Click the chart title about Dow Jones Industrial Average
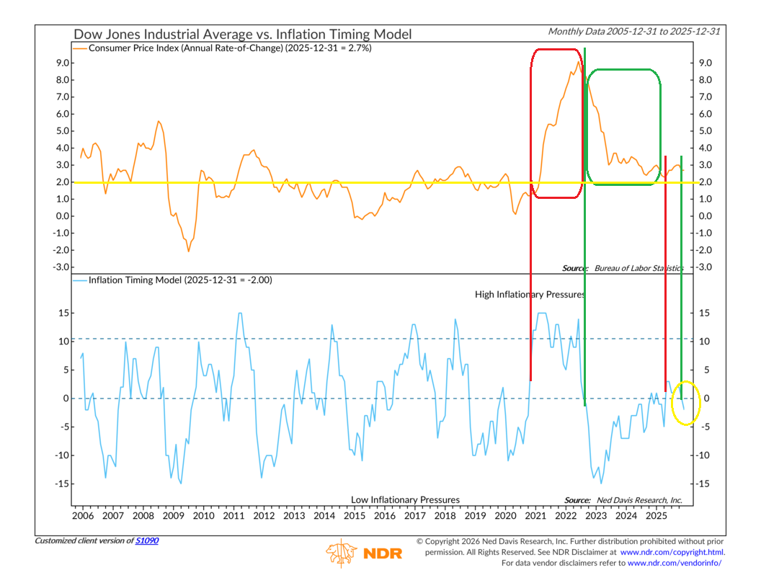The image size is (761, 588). coord(242,34)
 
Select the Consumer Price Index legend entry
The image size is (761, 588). coord(230,48)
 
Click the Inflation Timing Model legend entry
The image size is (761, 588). coord(179,280)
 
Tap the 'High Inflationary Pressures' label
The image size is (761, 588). coord(530,295)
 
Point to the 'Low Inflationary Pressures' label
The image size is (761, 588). coord(405,499)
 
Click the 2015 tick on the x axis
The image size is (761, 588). coord(354,516)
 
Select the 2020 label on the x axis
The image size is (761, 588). coord(505,516)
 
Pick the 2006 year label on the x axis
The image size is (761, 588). coord(82,516)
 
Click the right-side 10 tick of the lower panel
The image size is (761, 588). coord(704,341)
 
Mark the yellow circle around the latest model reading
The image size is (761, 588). coord(685,402)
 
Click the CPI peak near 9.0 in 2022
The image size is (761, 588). coord(578,62)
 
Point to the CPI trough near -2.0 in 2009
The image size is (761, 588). coord(189,250)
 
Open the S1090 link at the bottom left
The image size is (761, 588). coord(147,540)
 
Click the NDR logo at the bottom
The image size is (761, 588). coord(364,553)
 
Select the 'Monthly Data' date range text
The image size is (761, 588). coord(635,31)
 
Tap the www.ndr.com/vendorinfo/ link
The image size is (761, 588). coord(675,563)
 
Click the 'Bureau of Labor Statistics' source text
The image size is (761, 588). coord(637,268)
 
